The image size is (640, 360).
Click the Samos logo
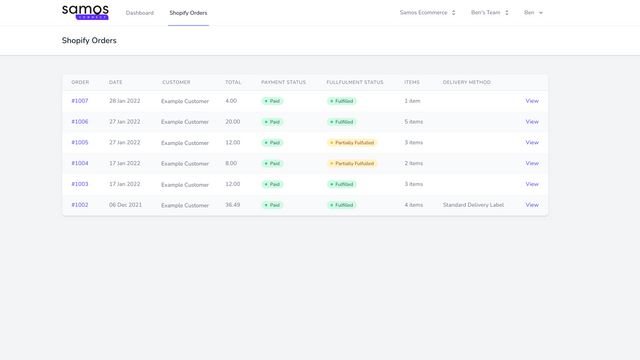(85, 12)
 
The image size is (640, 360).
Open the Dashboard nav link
(140, 13)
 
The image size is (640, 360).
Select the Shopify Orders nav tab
(188, 13)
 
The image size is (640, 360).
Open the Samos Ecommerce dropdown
(427, 13)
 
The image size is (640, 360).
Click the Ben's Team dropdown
(490, 13)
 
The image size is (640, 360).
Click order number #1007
(80, 101)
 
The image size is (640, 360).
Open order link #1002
(80, 205)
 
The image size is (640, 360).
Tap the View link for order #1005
(532, 143)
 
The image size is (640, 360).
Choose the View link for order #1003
(532, 184)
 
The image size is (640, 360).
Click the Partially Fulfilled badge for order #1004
(352, 163)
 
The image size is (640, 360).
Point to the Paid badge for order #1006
(273, 122)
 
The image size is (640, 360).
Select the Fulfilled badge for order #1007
(342, 101)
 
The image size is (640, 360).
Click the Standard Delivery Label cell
(473, 205)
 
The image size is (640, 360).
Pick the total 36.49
(233, 205)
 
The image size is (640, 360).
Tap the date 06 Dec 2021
(125, 205)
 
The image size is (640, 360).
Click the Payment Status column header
(283, 82)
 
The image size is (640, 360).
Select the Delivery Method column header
(467, 82)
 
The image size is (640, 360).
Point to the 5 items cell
(414, 122)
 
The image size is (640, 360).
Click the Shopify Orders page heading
(89, 41)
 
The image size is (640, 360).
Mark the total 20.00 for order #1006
(233, 122)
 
